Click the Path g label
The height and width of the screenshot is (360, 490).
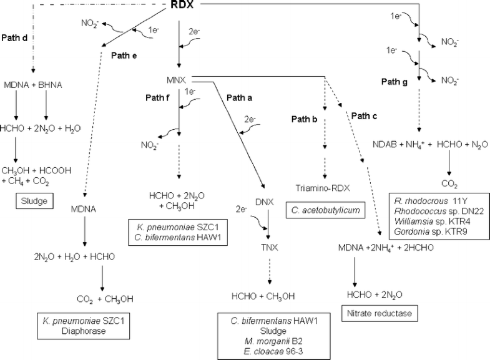tap(394, 82)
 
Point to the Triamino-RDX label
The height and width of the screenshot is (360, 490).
tap(323, 187)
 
